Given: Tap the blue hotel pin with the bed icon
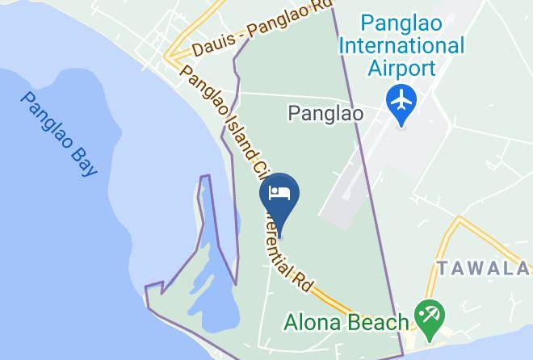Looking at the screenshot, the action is [x=279, y=195].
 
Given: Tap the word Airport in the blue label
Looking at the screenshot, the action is [x=401, y=67].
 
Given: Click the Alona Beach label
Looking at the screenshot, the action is [x=346, y=322].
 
